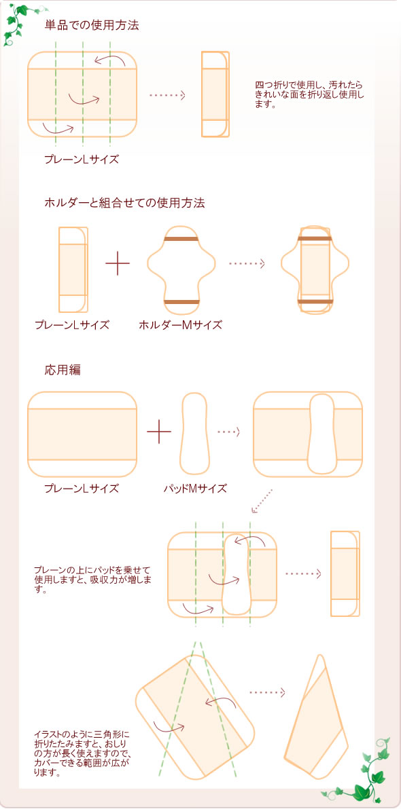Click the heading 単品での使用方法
92,26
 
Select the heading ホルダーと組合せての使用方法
124,202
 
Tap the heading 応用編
63,371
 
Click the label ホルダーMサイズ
180,325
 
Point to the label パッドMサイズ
195,488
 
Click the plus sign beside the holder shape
118,264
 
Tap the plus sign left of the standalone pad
159,432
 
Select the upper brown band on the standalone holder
181,240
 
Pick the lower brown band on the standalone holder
181,301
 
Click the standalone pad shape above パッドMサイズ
194,432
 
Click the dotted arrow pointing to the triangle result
266,692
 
